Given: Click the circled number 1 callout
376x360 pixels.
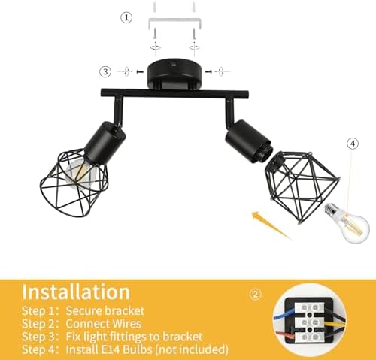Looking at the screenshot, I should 127,17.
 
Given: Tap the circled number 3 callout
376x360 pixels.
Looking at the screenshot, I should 105,71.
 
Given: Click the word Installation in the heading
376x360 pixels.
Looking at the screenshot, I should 76,291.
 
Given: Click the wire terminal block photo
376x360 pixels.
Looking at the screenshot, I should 315,321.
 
